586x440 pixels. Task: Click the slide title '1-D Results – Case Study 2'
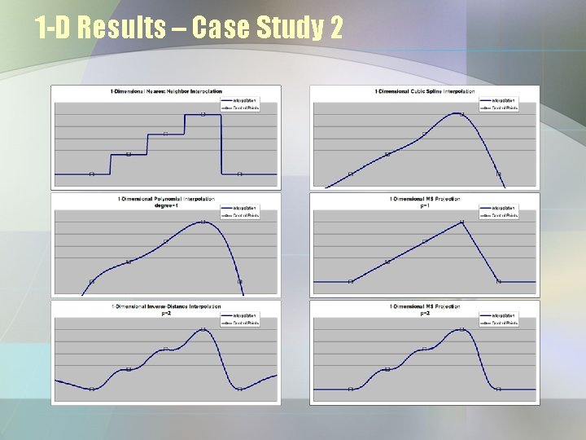(x=189, y=29)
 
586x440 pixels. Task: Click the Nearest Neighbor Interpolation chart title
(x=166, y=90)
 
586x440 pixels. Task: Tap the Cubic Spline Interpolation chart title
(x=423, y=90)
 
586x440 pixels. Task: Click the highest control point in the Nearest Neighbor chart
(x=203, y=114)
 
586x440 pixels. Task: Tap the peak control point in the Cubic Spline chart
(x=461, y=114)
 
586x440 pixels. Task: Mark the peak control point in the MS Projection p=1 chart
(x=461, y=222)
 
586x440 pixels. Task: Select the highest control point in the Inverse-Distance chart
(x=203, y=329)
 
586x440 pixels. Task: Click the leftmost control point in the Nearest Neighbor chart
(x=91, y=174)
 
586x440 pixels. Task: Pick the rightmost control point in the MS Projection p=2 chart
(x=499, y=389)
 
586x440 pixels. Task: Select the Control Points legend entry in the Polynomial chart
(x=243, y=215)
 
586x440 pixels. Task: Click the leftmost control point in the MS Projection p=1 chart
(x=351, y=281)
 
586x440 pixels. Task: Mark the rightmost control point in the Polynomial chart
(x=239, y=281)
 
